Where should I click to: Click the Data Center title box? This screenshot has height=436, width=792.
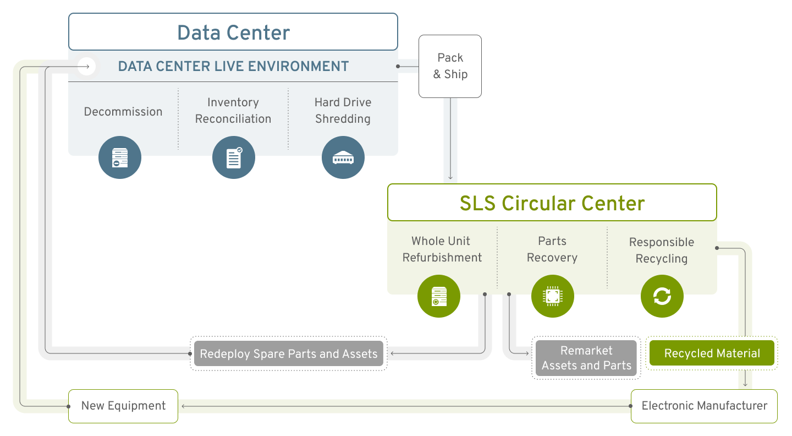(x=233, y=32)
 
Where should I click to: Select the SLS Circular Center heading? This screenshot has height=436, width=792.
(x=552, y=203)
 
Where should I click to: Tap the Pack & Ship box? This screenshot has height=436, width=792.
(x=450, y=66)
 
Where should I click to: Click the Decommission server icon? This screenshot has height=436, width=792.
(x=120, y=158)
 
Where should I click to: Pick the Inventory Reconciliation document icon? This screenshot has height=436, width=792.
(x=234, y=158)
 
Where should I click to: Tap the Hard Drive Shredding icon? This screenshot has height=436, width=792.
(x=343, y=158)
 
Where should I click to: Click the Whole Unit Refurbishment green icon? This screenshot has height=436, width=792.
(x=439, y=296)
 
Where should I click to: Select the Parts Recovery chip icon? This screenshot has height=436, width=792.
(x=552, y=296)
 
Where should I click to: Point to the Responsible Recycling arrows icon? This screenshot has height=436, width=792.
(x=662, y=296)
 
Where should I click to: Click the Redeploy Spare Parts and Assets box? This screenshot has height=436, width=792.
(x=289, y=353)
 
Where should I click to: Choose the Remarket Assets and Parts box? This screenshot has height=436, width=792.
(x=586, y=358)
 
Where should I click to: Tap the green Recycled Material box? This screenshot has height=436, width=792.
(x=712, y=353)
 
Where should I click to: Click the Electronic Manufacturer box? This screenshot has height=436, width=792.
(x=704, y=406)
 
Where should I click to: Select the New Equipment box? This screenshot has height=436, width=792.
(x=123, y=406)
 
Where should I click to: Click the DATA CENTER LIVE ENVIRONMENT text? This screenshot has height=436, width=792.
(x=233, y=67)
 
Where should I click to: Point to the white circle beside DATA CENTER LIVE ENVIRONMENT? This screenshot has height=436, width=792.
(x=86, y=67)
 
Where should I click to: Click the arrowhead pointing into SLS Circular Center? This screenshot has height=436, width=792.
(x=450, y=177)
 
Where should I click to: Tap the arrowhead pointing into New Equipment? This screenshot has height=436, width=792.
(x=184, y=406)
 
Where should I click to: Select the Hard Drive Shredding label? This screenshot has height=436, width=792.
(x=343, y=111)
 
